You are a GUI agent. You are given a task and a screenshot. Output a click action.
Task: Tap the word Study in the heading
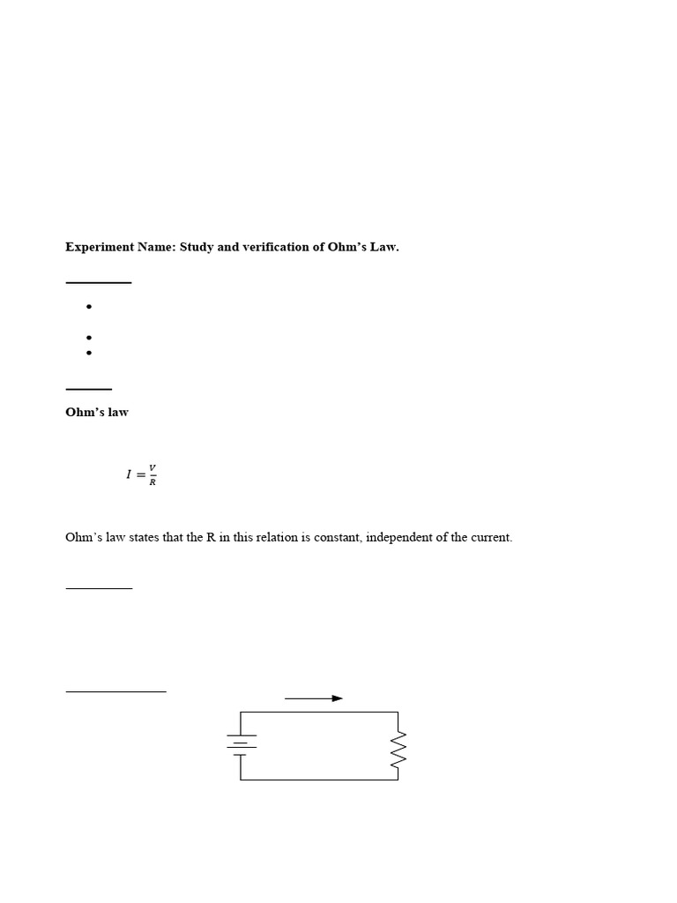coord(197,247)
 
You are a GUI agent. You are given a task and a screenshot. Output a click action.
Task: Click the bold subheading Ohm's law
coord(97,412)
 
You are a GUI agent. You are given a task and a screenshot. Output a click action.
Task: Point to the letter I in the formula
coord(129,474)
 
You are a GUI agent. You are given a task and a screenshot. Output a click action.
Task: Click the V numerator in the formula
coord(153,467)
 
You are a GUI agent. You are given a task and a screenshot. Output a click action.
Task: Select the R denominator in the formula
coord(153,482)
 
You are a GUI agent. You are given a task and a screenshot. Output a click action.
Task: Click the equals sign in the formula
coord(140,474)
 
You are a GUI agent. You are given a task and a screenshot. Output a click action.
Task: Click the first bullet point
coord(89,307)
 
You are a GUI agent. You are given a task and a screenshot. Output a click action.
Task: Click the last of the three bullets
coord(89,353)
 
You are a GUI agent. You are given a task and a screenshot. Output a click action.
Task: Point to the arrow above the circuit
coord(314,698)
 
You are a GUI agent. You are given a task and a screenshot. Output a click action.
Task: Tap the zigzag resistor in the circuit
coord(398,749)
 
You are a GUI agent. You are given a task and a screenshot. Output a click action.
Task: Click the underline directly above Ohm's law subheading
coord(88,389)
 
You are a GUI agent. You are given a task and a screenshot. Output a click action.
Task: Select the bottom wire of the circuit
coord(319,780)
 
